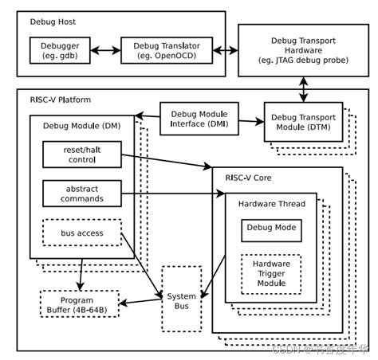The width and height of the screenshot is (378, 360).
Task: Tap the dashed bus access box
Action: point(81,233)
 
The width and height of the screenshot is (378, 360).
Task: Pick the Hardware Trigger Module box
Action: point(270,272)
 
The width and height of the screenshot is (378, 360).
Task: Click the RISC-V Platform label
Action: point(60,100)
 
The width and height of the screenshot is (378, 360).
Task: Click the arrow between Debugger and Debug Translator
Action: point(106,51)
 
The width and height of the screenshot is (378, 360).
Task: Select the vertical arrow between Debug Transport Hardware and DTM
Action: point(302,89)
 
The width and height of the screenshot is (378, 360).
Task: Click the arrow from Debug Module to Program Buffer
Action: point(80,273)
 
